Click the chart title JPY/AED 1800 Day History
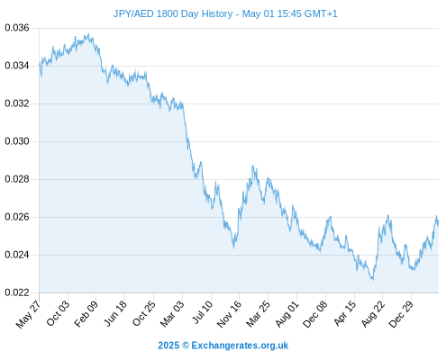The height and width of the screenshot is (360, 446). click(173, 13)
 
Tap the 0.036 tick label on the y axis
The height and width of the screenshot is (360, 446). click(17, 28)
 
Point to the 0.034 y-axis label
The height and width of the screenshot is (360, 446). click(17, 66)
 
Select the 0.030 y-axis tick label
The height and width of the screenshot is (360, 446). click(17, 141)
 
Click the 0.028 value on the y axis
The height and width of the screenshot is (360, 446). click(17, 179)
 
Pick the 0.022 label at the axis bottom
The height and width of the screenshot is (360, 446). click(17, 292)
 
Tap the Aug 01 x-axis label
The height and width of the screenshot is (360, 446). click(287, 313)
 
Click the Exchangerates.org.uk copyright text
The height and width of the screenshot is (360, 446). click(223, 346)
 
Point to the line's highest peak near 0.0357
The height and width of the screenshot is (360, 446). click(88, 33)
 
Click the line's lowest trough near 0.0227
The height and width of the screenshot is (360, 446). click(373, 280)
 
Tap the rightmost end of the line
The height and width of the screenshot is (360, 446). click(438, 223)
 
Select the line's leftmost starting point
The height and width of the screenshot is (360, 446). click(40, 64)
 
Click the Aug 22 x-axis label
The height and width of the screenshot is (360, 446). click(373, 313)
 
